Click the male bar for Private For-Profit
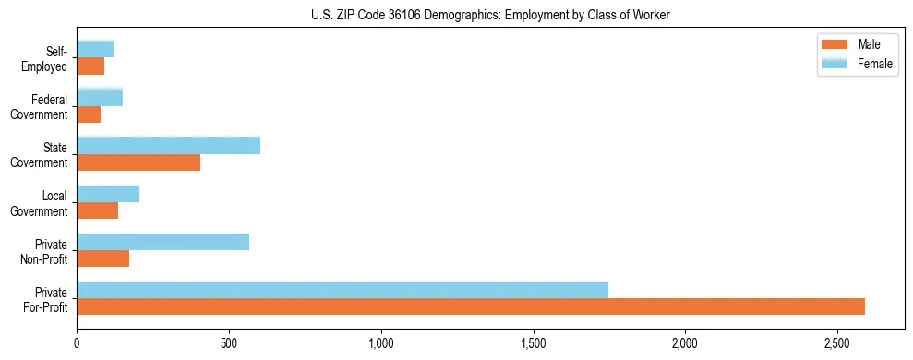[x=471, y=306]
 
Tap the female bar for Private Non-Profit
[x=162, y=242]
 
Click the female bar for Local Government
[x=108, y=194]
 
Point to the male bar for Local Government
[x=97, y=210]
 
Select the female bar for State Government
[x=168, y=146]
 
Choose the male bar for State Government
[x=138, y=162]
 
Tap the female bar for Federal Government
[x=100, y=97]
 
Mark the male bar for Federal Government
[x=89, y=114]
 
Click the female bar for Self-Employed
[x=95, y=49]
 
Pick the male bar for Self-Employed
[x=90, y=66]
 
